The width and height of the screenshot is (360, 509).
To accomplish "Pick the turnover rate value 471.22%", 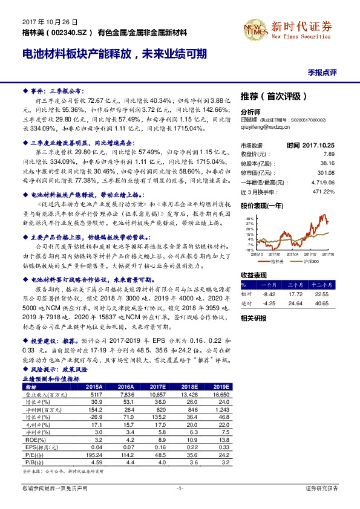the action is click(324, 192).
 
